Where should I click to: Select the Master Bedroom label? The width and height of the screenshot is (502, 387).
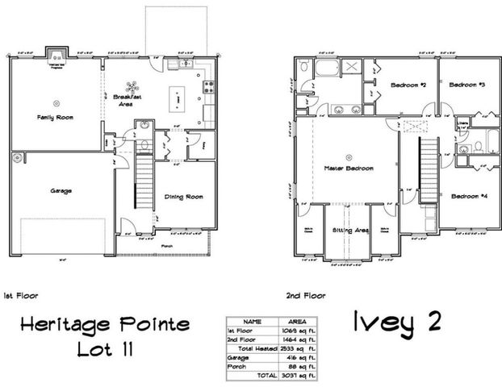point(349,168)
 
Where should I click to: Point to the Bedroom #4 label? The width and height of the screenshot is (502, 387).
point(469,196)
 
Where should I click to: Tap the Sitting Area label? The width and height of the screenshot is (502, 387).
point(350,230)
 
